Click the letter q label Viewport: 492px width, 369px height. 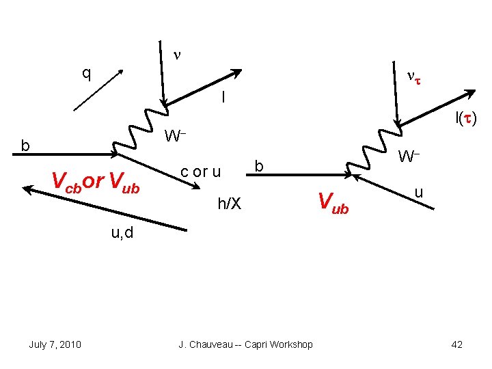(x=86, y=72)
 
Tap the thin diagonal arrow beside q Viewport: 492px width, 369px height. (x=98, y=90)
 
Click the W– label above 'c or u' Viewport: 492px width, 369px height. (x=176, y=136)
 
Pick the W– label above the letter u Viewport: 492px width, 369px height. (x=409, y=157)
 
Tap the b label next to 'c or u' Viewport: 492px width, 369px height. (x=258, y=165)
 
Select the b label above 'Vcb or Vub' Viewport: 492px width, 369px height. (x=25, y=146)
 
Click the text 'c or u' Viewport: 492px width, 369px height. (x=200, y=171)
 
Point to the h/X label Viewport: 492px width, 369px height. (x=229, y=202)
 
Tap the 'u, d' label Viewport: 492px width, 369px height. (x=123, y=234)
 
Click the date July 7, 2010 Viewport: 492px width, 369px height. (x=55, y=344)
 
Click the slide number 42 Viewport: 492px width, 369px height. (x=457, y=344)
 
